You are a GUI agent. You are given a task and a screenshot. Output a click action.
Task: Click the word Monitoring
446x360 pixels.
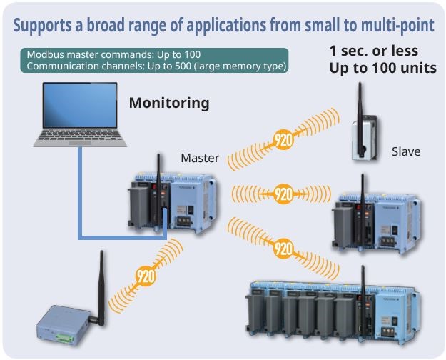coord(169,103)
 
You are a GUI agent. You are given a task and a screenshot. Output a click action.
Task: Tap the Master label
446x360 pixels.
coord(200,158)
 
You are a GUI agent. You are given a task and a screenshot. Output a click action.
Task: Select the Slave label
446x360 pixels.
coord(406,152)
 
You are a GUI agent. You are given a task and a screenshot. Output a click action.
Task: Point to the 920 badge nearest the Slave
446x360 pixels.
coord(283,139)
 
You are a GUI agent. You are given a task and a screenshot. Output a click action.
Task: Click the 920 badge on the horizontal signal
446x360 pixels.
coord(283,194)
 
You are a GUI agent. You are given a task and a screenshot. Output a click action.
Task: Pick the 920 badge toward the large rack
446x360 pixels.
coord(284,248)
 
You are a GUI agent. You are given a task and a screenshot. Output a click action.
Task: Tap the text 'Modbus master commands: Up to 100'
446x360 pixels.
coord(113,55)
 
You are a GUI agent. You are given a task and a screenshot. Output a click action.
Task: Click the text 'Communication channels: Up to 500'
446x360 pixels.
coord(114,66)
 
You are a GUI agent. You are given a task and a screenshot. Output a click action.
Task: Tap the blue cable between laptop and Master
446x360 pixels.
coord(79,200)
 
